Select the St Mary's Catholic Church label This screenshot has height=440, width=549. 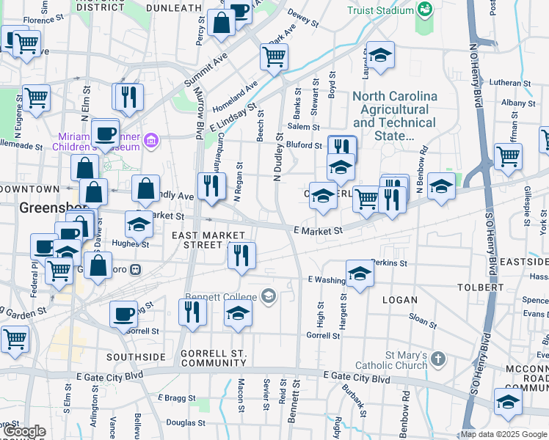(x=391, y=359)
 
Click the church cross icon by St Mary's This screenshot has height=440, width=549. (x=438, y=359)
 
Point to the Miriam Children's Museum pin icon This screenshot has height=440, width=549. (x=152, y=139)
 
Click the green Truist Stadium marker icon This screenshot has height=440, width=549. (x=424, y=10)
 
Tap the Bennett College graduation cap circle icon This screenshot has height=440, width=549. (x=268, y=296)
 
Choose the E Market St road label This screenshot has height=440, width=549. (x=318, y=230)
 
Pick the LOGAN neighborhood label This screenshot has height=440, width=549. (x=399, y=299)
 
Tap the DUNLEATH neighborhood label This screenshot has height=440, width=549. (x=173, y=7)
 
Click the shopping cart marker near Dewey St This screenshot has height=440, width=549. (x=274, y=57)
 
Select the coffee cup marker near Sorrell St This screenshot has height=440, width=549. (x=123, y=314)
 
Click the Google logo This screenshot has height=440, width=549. (x=24, y=432)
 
